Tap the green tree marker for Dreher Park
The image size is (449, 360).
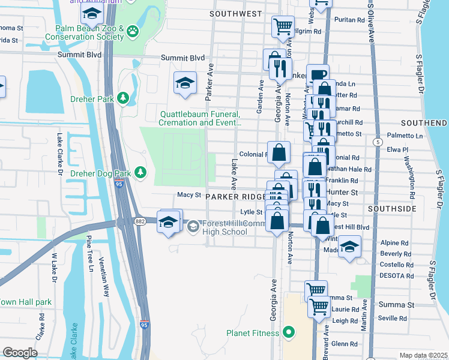point(124,98)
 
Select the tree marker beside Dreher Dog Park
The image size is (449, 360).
point(140,173)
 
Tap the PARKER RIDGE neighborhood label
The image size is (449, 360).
point(235,197)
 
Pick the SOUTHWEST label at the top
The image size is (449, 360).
point(236,13)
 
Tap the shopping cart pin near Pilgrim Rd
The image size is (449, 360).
point(282,26)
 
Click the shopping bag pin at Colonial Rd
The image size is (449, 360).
point(279,152)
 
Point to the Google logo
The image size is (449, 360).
point(20,352)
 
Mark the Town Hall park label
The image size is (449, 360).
point(25,302)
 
